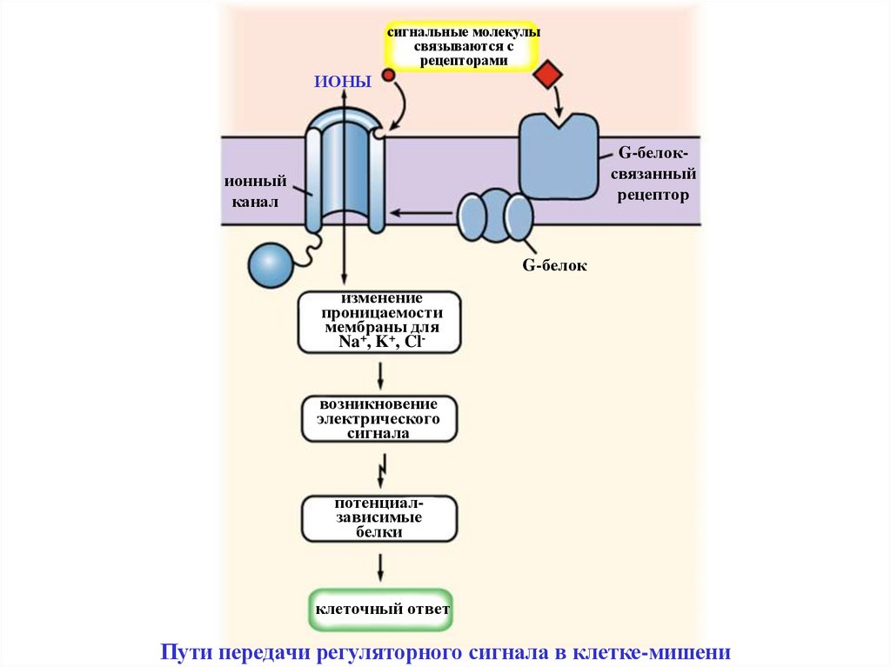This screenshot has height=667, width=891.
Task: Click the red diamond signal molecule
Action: coord(548,75)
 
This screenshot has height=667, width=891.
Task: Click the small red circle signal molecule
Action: coord(389,76)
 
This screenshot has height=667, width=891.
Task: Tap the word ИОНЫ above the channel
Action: coord(344,82)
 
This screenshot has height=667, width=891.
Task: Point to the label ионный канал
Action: coord(256,192)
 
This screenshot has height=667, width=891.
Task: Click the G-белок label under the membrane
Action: coord(554,266)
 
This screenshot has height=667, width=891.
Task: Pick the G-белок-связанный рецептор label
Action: coord(653,174)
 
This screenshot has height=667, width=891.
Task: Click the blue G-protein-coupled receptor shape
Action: coord(559,157)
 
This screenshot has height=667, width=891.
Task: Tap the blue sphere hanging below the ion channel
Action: coord(271,264)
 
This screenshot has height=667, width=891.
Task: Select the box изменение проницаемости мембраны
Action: coord(379,322)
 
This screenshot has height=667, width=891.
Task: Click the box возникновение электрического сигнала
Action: coord(379,418)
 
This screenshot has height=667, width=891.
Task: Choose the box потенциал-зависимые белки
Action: coord(379,518)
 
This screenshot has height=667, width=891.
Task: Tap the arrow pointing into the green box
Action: coord(380,568)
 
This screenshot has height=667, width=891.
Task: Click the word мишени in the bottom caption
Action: coord(696,652)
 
